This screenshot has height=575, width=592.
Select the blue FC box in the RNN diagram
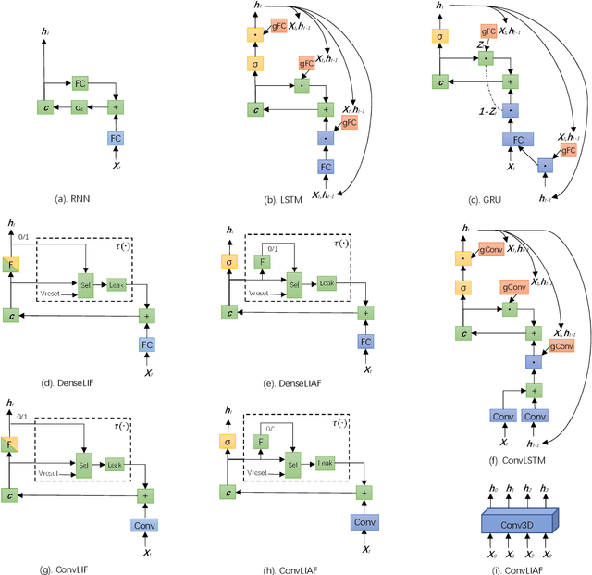click(117, 138)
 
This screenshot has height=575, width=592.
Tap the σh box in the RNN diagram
click(81, 108)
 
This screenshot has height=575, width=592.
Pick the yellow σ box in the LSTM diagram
click(253, 64)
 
